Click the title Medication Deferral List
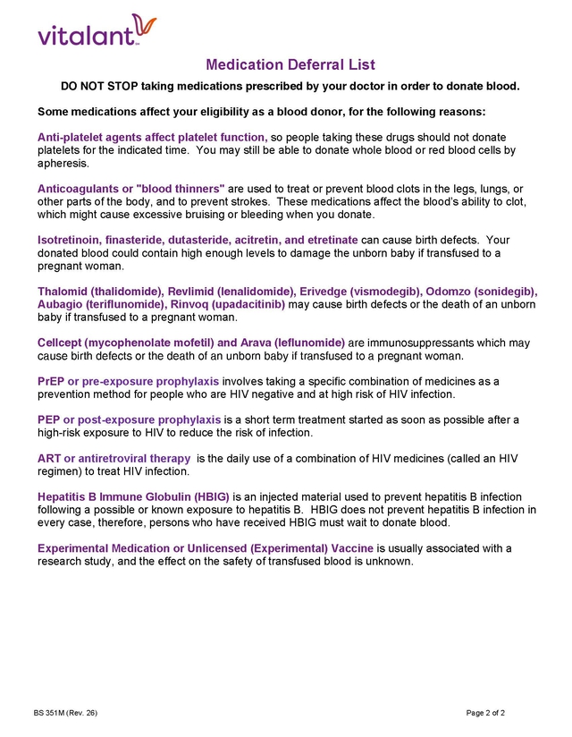click(290, 64)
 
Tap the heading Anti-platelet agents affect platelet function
click(152, 137)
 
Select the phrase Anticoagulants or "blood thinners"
click(131, 189)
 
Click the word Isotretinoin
click(68, 240)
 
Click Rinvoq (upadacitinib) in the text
click(227, 304)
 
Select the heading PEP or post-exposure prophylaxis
click(129, 419)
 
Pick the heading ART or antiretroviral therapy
click(114, 458)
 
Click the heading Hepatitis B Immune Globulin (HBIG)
click(133, 496)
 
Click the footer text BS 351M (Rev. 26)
click(65, 713)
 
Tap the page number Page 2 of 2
click(485, 713)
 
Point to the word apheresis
click(63, 163)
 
